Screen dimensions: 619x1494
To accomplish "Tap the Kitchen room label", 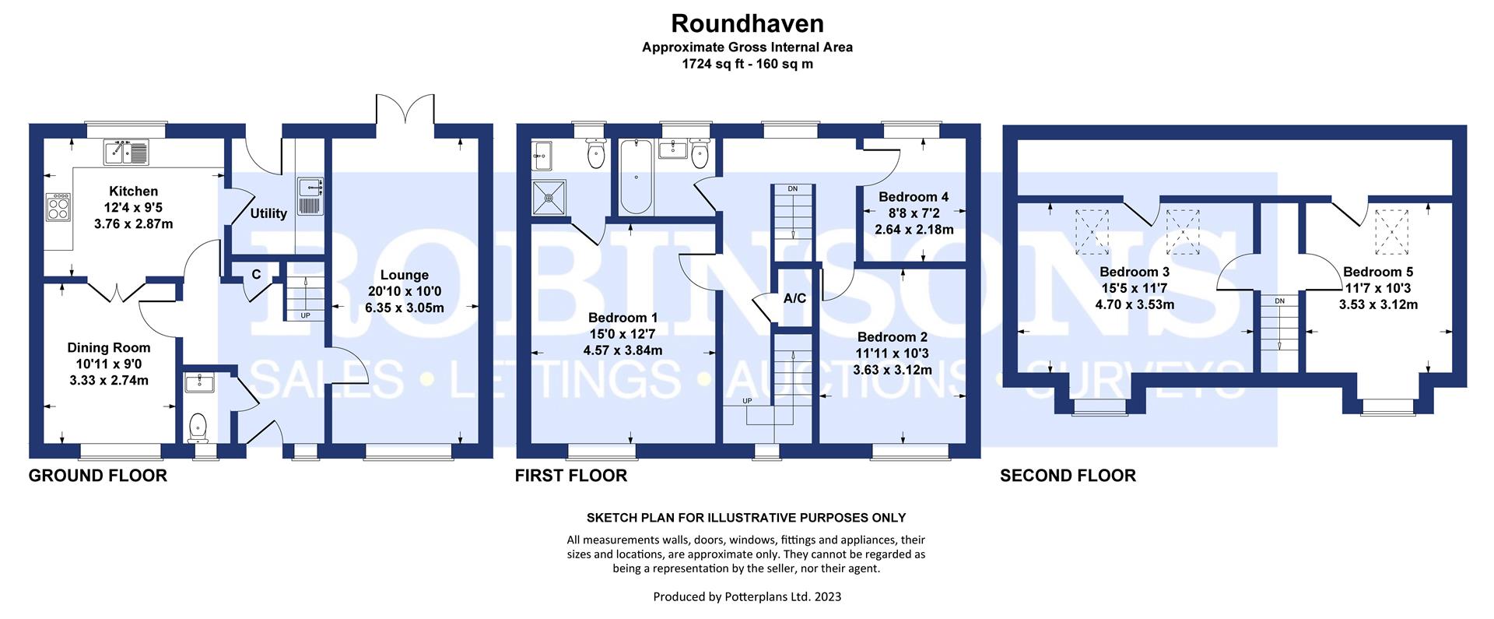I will tap(133, 191).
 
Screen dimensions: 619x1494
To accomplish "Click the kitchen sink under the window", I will tap(127, 153).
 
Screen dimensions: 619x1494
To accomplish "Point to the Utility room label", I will tap(268, 213).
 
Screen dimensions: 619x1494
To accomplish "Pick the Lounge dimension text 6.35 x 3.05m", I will tap(405, 308).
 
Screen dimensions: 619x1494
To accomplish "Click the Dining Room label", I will tap(109, 348).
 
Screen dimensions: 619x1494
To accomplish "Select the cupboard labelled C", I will tap(256, 274).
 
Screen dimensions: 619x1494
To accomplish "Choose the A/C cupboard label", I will tap(794, 298).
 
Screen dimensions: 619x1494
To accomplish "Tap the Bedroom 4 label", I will tap(914, 197).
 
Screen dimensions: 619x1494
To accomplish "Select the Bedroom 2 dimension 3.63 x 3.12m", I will tap(893, 370).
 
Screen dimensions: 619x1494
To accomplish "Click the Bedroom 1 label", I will tap(622, 318).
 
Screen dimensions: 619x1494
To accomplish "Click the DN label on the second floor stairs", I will tap(1279, 301).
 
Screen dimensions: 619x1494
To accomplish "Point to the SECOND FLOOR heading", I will tap(1068, 475).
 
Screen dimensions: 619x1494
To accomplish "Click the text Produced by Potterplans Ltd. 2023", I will tap(747, 597).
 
